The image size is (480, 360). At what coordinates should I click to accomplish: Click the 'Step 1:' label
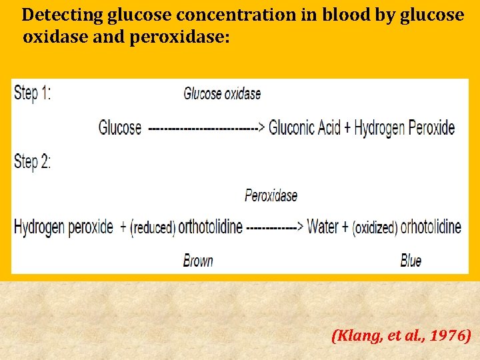(x=32, y=93)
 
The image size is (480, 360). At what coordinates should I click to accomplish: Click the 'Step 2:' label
(x=32, y=161)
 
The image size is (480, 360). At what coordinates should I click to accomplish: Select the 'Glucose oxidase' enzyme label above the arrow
(x=222, y=94)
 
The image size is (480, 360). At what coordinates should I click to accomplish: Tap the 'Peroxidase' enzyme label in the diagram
(x=271, y=195)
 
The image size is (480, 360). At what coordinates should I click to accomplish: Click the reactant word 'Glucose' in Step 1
(x=120, y=127)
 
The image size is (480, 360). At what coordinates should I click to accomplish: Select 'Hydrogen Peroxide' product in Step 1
(x=405, y=127)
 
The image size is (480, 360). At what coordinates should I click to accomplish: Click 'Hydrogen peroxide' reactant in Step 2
(x=63, y=227)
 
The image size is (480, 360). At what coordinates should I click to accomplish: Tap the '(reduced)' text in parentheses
(x=153, y=228)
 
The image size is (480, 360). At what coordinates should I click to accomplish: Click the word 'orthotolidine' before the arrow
(x=210, y=227)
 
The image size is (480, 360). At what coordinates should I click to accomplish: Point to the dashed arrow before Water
(x=275, y=227)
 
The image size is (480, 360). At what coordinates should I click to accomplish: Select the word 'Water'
(x=323, y=227)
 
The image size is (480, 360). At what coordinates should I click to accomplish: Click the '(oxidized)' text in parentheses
(x=375, y=228)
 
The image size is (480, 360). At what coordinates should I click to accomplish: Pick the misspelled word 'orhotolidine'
(x=431, y=227)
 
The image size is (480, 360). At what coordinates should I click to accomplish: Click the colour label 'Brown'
(x=198, y=261)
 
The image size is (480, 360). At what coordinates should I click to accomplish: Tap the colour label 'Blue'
(x=411, y=261)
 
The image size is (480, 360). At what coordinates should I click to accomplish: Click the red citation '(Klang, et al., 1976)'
(x=401, y=335)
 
